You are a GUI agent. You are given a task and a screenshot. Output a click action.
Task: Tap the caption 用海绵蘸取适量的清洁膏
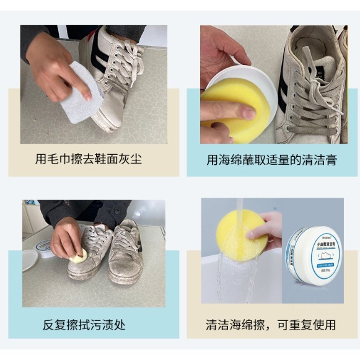coord(271,160)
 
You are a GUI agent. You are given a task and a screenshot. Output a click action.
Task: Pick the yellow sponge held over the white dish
coord(230,99)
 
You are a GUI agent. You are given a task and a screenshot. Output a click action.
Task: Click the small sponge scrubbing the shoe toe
coord(79,255)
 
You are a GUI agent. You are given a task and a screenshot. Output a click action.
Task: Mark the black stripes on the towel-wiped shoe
coord(100,56)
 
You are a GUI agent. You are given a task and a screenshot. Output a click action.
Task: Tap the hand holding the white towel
coord(53,68)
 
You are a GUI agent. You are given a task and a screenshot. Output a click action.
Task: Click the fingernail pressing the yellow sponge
coord(248,113)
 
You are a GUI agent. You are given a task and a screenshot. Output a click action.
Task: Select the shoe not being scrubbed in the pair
coord(126,254)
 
